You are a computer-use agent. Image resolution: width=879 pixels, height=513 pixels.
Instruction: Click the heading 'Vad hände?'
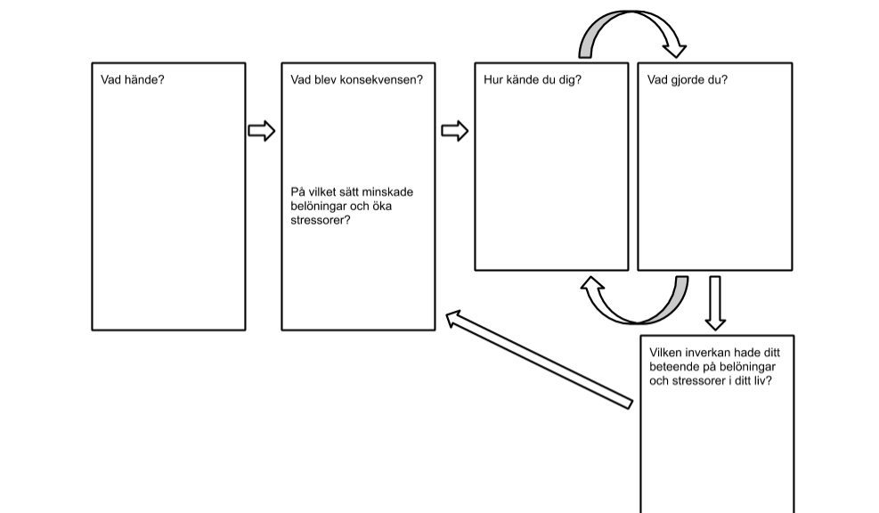[133, 79]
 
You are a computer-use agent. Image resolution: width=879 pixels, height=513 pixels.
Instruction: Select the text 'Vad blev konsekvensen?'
[356, 79]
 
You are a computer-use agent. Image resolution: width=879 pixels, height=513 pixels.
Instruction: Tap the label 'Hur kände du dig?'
[533, 79]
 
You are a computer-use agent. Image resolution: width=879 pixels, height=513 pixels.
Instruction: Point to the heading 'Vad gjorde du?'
[688, 79]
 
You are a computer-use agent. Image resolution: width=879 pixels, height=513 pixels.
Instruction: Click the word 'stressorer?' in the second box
[320, 220]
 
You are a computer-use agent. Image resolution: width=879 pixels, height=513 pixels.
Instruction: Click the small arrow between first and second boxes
[262, 131]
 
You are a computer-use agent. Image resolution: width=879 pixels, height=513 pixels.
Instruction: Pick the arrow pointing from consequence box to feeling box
[454, 131]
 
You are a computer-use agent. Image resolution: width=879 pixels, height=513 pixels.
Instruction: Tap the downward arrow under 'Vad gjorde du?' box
[715, 303]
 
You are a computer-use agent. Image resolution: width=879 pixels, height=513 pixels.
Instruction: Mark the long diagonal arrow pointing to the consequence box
[539, 360]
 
